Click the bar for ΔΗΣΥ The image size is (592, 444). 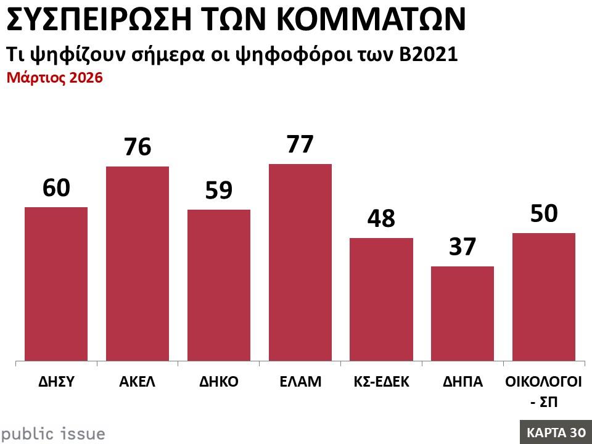[x=55, y=284]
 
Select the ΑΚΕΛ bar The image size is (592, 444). [x=138, y=263]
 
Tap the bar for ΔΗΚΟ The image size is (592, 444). [x=219, y=285]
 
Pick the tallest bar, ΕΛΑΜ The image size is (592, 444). [x=300, y=262]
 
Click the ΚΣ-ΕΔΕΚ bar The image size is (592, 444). [x=381, y=299]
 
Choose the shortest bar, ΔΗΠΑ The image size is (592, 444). [x=462, y=313]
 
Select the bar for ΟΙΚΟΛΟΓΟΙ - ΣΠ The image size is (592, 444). [x=544, y=297]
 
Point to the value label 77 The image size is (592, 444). [x=300, y=144]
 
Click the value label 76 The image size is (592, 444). [x=138, y=147]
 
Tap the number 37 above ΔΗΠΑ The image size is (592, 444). [x=462, y=247]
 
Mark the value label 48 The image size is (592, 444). [x=381, y=218]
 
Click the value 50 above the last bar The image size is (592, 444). [x=544, y=213]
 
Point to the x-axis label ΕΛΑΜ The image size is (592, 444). [x=300, y=381]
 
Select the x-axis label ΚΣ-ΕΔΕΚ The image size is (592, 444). [x=381, y=381]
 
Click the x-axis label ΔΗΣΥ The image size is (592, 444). [x=55, y=381]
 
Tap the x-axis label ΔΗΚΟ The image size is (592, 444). [x=219, y=381]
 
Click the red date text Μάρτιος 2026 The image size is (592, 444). [x=54, y=79]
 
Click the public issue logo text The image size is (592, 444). [x=53, y=434]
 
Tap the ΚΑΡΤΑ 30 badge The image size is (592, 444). [x=556, y=432]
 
